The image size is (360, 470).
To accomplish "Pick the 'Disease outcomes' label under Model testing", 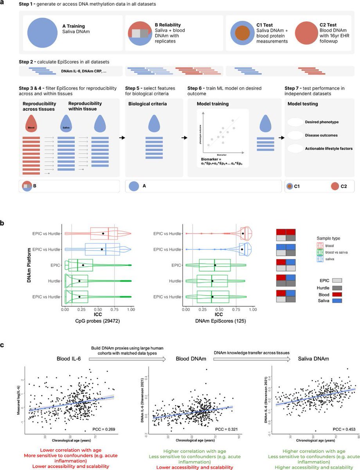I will point(321,136).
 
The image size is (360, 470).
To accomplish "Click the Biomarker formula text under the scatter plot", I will point(222,162).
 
